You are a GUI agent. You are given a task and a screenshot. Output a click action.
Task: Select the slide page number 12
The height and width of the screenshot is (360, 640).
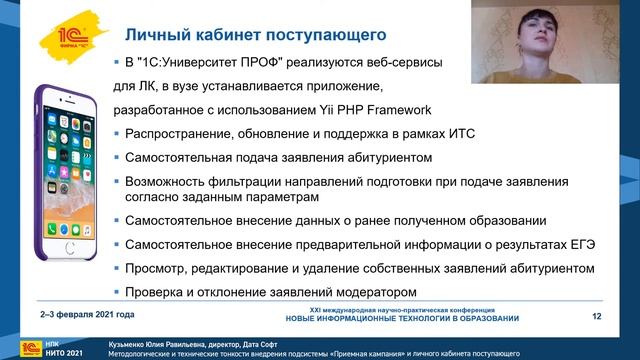596,317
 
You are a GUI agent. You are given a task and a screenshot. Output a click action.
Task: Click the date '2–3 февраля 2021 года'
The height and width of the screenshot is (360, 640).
82,317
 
